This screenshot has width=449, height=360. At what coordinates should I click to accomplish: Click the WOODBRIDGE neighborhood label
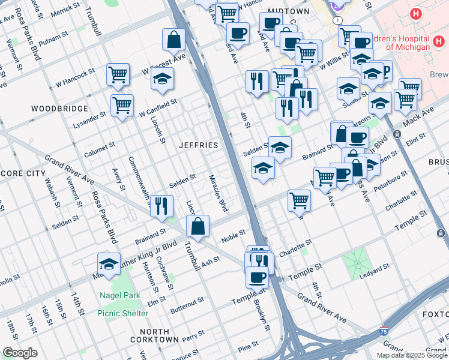[x=59, y=109]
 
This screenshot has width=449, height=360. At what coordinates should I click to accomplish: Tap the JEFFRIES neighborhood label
[x=198, y=146]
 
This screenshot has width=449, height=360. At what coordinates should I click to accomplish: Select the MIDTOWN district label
[x=289, y=11]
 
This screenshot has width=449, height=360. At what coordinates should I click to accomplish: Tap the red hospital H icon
[x=415, y=14]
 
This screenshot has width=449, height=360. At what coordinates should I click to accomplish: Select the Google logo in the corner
[x=20, y=353]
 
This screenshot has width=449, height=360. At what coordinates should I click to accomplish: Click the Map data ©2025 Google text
[x=412, y=355]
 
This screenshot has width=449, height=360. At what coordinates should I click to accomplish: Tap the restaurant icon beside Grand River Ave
[x=161, y=206]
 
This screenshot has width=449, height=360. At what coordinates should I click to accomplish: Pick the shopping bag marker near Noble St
[x=197, y=226]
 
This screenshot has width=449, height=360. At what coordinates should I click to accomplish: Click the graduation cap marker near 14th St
[x=109, y=263]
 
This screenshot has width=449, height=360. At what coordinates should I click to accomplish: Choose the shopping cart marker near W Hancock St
[x=118, y=74]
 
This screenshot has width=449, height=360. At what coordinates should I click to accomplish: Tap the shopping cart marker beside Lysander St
[x=122, y=104]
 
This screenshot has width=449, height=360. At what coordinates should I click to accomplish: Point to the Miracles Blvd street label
[x=218, y=193]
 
